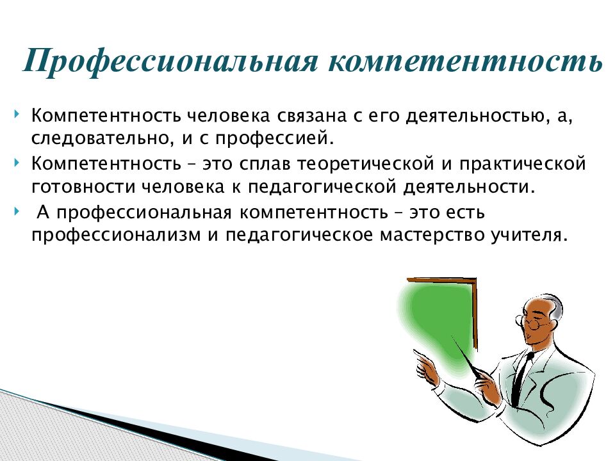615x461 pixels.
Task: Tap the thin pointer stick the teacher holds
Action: (469, 358)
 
